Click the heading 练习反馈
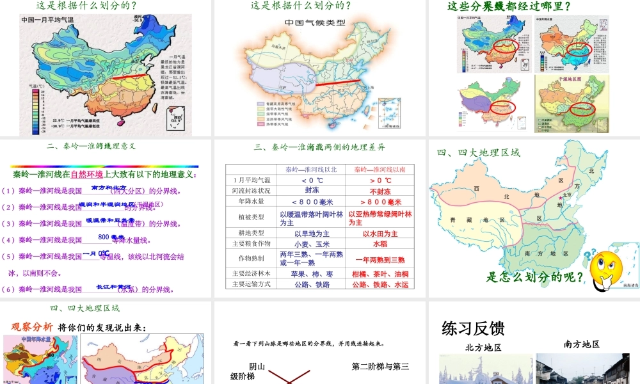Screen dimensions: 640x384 pyautogui.click(x=473, y=328)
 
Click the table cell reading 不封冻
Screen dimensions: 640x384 pyautogui.click(x=381, y=191)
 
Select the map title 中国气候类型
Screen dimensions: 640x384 pyautogui.click(x=314, y=22)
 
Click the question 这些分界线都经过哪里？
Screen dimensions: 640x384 pyautogui.click(x=509, y=6)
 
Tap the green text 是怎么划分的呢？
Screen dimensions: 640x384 pyautogui.click(x=536, y=277)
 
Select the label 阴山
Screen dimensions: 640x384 pyautogui.click(x=257, y=367)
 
